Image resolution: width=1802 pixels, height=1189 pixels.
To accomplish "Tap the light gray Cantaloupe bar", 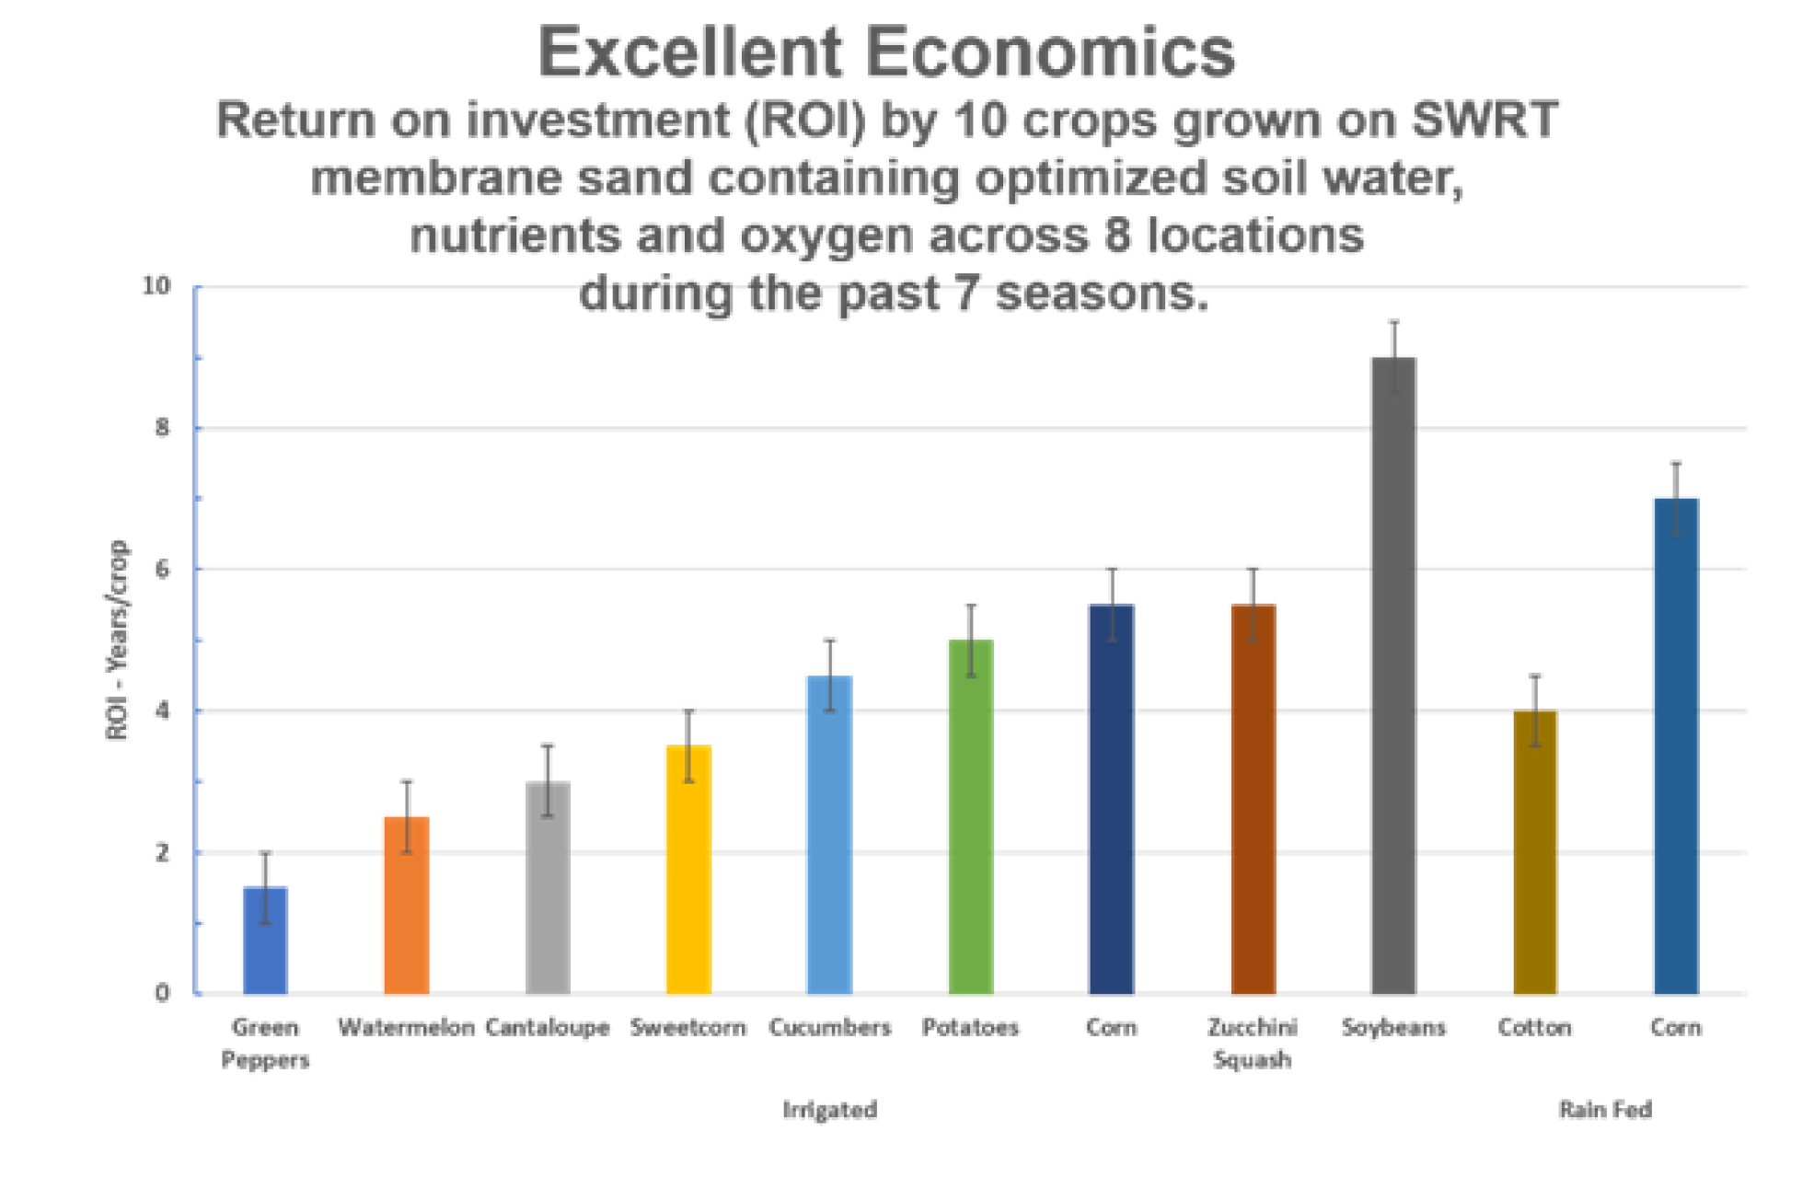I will pos(546,887).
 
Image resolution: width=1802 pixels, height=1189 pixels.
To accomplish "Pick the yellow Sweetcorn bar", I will pos(687,869).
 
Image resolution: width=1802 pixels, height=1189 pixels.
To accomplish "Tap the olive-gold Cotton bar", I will pos(1534,851).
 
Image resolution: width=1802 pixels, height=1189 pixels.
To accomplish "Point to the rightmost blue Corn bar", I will pos(1675,745).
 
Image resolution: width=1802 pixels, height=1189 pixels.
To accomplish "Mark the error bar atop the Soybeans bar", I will pos(1394,355).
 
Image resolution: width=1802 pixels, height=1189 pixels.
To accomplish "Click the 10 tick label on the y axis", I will pos(156,287).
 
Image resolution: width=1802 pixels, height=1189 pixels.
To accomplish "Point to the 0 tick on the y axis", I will pos(163,993).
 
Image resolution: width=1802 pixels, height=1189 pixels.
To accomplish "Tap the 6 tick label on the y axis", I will pos(163,570).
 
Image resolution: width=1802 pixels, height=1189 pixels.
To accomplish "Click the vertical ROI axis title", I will pos(121,641).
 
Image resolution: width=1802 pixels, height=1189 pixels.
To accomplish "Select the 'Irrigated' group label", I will pos(829,1110).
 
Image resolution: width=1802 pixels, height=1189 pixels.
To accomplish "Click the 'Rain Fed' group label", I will pos(1605,1110).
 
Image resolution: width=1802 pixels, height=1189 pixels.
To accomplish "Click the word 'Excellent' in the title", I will pos(690,52).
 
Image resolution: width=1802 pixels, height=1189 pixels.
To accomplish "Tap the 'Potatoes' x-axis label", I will pos(970,1026).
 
